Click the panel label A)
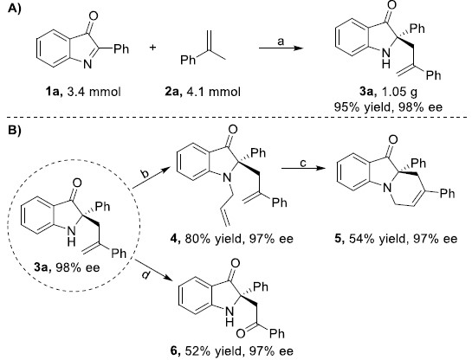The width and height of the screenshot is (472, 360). pos(14,10)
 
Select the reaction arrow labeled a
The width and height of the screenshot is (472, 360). pos(281,48)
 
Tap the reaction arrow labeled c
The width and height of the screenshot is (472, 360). pos(302,168)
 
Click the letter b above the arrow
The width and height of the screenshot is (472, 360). pos(144,175)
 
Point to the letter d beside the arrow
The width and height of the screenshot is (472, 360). pos(145,274)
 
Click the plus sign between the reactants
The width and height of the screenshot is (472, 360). pos(153,48)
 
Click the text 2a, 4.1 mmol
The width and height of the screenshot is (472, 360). pos(203,92)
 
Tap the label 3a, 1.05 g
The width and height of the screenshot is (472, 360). pos(388,92)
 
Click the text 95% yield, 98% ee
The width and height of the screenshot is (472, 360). pos(388,107)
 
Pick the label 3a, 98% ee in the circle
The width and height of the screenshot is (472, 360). pos(67,267)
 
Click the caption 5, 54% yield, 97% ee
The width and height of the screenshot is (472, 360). pos(396,239)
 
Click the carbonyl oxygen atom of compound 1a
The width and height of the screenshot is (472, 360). pos(94,16)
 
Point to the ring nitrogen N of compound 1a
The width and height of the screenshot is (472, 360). pos(87,64)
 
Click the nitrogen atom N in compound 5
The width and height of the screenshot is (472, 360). pos(387,189)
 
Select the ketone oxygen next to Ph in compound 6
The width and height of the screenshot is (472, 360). pos(241,333)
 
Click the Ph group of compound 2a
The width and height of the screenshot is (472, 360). pos(188,61)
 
